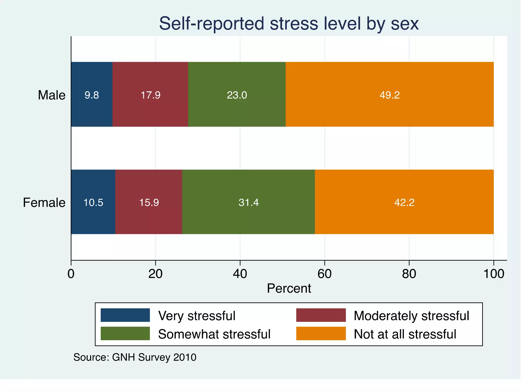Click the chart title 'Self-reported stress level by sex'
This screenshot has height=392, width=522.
289,23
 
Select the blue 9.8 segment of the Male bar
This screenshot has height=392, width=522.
92,94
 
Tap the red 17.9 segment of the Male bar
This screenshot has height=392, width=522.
150,94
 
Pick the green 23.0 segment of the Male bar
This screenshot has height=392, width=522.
237,94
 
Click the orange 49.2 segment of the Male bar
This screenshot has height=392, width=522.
389,94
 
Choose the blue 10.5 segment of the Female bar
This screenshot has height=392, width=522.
93,202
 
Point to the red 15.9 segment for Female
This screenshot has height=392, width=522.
149,202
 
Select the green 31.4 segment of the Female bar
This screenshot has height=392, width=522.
249,202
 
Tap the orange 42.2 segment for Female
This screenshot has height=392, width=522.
404,202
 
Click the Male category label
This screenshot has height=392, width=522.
51,95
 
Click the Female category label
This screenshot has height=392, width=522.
44,203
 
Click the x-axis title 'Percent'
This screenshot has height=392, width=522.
289,288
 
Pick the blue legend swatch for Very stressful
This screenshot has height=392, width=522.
125,315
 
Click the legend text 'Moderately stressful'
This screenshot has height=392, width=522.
411,316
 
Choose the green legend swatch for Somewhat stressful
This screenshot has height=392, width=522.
125,334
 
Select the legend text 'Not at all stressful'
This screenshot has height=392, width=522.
405,334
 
